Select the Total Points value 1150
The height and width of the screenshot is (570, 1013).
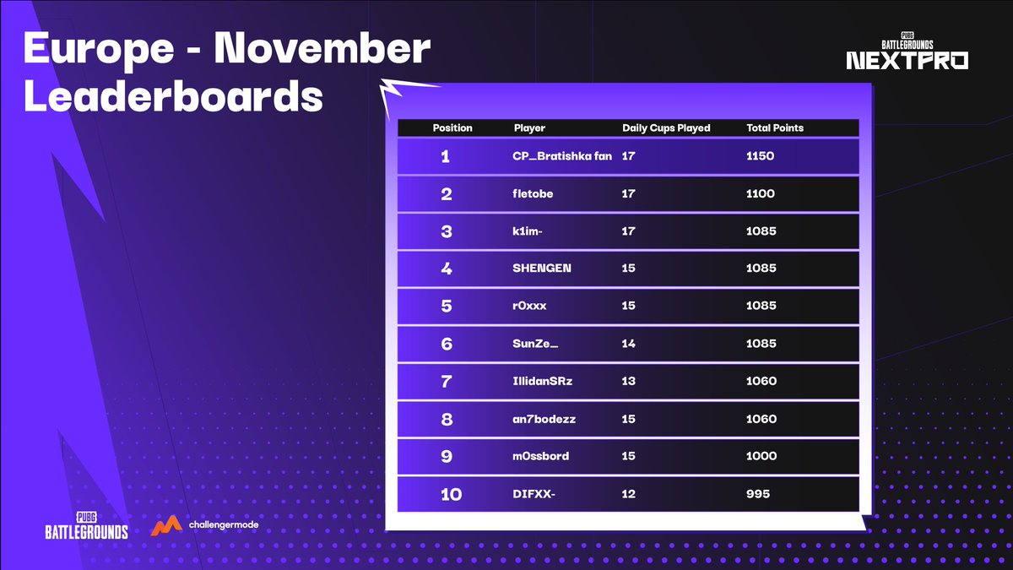click(x=761, y=156)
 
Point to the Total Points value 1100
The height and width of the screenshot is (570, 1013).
click(x=761, y=193)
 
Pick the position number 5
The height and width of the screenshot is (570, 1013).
click(x=447, y=307)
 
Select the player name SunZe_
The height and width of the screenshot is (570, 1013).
click(x=536, y=344)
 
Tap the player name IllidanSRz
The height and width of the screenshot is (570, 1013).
click(x=543, y=381)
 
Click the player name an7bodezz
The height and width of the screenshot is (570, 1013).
click(x=544, y=419)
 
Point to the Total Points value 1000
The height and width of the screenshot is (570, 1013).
click(x=761, y=456)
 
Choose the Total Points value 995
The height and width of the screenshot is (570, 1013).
click(x=758, y=494)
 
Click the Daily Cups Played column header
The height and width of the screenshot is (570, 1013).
click(x=666, y=128)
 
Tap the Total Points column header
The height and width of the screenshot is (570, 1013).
click(x=775, y=128)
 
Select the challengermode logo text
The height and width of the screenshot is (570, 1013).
click(x=223, y=525)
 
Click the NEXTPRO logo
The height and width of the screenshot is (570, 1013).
click(x=907, y=60)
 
